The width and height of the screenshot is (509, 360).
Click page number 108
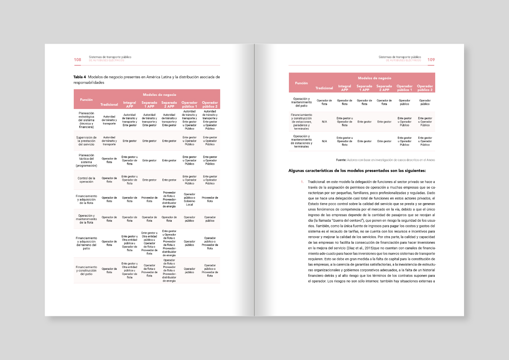click(x=78, y=60)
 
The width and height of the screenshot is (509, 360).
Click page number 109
click(x=431, y=60)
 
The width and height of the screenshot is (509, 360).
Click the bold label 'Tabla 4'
click(x=80, y=77)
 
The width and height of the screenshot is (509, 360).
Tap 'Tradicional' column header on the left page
click(x=109, y=105)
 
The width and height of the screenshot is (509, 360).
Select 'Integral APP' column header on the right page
click(x=344, y=88)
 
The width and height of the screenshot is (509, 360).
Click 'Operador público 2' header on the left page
click(x=210, y=104)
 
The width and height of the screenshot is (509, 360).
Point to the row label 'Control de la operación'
click(x=87, y=180)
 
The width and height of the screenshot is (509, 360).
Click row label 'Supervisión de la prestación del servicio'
click(x=87, y=141)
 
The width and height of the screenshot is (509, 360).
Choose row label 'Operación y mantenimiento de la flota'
click(x=87, y=219)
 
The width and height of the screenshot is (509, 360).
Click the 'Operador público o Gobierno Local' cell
click(x=190, y=199)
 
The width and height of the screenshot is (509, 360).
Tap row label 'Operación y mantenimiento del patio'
click(x=302, y=102)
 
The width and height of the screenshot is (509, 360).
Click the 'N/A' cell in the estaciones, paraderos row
click(x=324, y=122)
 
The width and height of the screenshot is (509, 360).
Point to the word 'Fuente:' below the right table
click(x=341, y=160)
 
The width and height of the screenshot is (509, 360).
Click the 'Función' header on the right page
click(x=302, y=83)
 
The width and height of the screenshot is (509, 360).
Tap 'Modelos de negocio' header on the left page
click(x=159, y=95)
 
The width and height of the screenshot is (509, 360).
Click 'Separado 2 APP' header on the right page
click(x=384, y=88)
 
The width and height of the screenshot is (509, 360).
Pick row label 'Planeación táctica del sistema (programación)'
click(x=87, y=160)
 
